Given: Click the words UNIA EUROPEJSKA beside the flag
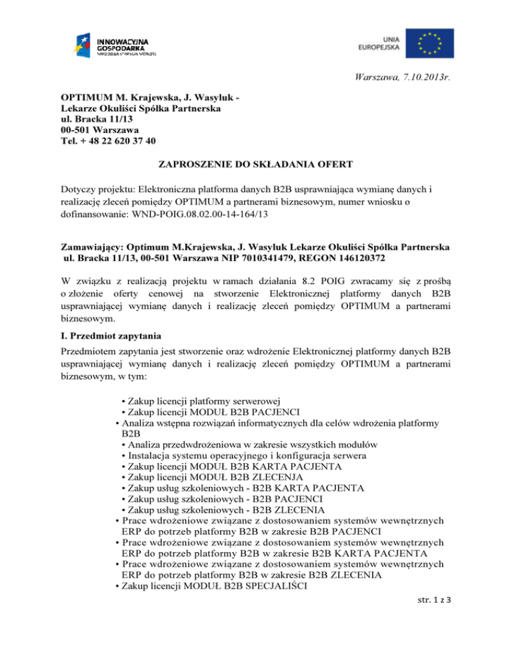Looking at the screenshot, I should point(380,43).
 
